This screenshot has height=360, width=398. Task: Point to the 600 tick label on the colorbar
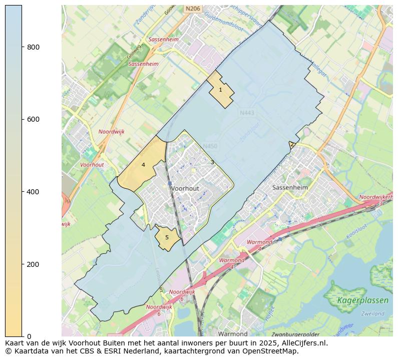tap(33, 119)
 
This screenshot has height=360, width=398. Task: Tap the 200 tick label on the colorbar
tap(33, 264)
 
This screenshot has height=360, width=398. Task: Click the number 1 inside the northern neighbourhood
tap(220, 90)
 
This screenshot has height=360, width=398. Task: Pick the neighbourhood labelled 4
tap(143, 165)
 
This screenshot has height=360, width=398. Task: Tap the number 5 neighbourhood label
tap(167, 238)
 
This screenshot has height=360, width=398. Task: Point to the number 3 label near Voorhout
tap(212, 162)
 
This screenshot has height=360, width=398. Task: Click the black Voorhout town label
tap(185, 188)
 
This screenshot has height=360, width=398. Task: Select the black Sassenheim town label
tap(289, 187)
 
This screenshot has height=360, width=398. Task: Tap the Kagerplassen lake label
tap(362, 300)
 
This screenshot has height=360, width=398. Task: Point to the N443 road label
tap(247, 113)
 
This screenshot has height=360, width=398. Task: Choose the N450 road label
tap(210, 146)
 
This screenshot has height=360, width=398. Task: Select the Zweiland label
tap(372, 313)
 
